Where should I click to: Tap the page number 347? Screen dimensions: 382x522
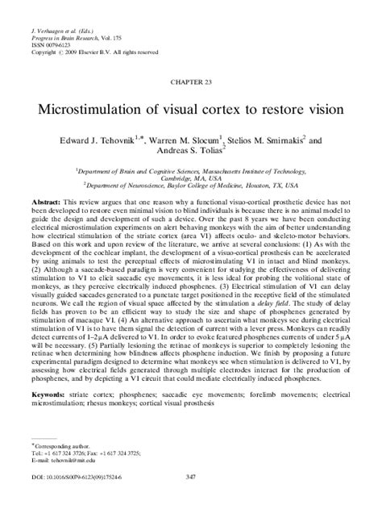(191, 500)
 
